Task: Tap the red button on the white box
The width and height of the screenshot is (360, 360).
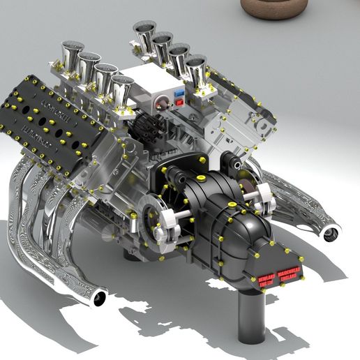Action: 180,102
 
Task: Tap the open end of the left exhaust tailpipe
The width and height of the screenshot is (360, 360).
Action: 99,299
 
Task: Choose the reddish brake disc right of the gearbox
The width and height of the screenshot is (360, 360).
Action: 249,187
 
